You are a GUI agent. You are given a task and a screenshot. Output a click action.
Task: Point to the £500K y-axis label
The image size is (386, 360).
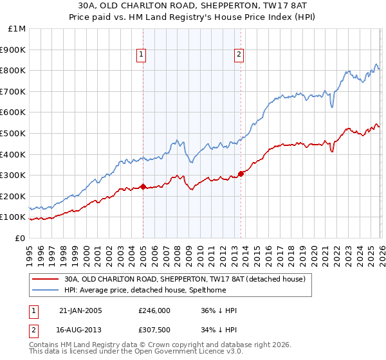click(x=14, y=133)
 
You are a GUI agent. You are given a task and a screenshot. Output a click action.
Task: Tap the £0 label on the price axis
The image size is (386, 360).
click(x=20, y=238)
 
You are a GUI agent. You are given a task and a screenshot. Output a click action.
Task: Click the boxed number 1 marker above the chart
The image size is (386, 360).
click(x=141, y=55)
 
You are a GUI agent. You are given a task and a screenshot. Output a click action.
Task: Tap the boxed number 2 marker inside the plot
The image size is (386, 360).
click(x=239, y=55)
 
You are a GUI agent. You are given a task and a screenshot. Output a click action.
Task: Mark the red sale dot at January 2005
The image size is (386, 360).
click(x=143, y=187)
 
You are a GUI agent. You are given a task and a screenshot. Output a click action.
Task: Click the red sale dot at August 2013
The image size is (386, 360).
click(x=241, y=174)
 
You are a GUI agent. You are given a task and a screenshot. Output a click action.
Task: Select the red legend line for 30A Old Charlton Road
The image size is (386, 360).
click(x=45, y=280)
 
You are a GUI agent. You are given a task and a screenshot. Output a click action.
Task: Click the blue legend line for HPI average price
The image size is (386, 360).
click(x=45, y=290)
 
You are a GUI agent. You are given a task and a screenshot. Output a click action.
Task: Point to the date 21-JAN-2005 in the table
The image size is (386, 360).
click(x=80, y=311)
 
